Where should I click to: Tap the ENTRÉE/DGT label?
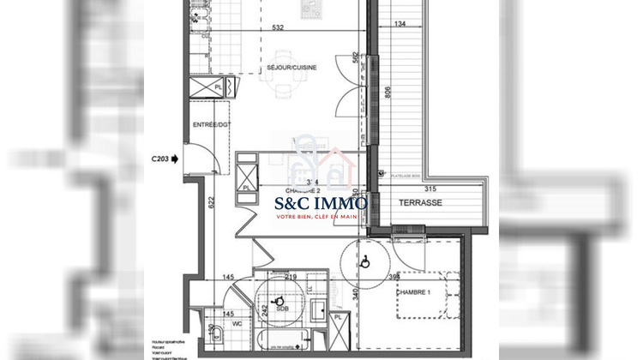[211, 125]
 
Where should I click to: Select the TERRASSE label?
[420, 203]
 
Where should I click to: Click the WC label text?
[236, 323]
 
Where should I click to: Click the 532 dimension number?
[278, 27]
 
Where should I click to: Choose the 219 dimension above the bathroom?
[290, 276]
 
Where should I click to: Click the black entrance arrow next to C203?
[176, 159]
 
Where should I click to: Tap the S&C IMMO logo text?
[321, 204]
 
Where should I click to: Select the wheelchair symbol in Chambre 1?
[364, 261]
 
